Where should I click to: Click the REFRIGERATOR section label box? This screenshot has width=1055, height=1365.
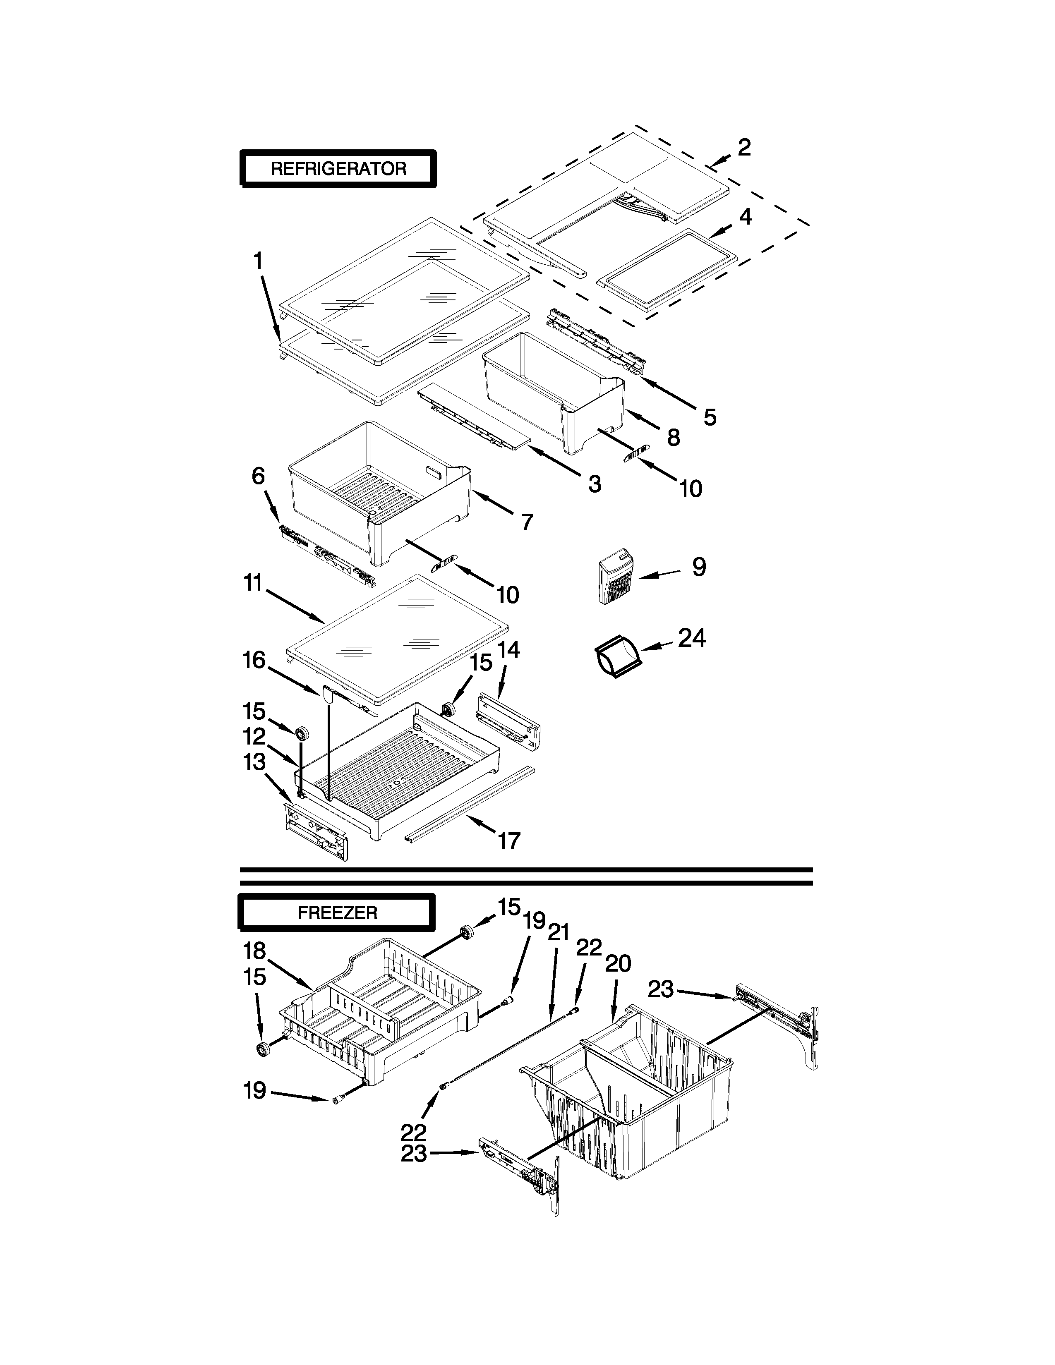(338, 169)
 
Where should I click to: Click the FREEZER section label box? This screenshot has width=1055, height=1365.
(337, 913)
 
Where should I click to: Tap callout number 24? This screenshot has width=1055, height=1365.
(692, 639)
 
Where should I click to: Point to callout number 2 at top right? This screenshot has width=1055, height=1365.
(744, 148)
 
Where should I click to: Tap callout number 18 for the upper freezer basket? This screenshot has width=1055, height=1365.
(255, 951)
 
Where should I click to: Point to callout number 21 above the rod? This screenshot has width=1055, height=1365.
(558, 932)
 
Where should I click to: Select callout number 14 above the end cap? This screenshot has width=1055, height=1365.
(509, 650)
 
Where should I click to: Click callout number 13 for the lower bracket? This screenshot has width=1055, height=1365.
(254, 762)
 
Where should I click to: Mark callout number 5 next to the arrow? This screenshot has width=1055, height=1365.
(710, 417)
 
